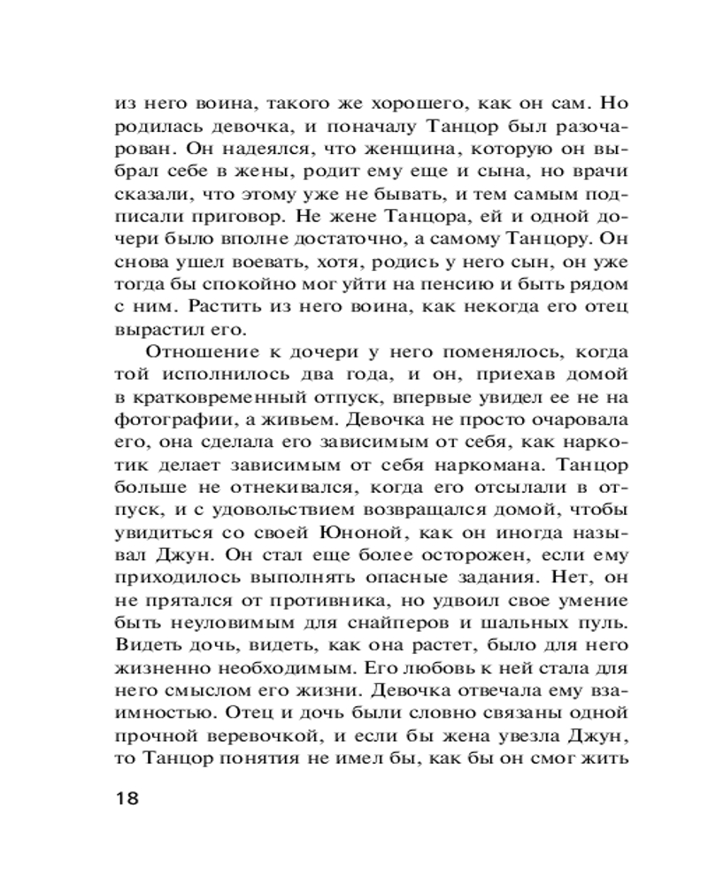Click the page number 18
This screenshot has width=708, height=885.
(x=127, y=797)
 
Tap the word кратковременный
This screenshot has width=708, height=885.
(x=215, y=396)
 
